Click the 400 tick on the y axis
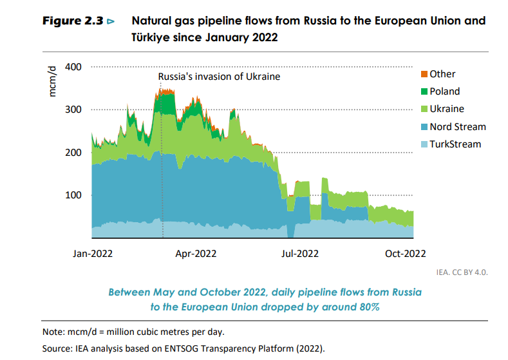click(x=73, y=67)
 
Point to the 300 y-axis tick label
click(x=73, y=109)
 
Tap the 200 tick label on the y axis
click(x=73, y=153)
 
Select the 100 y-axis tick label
click(x=73, y=195)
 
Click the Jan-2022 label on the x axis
click(x=94, y=253)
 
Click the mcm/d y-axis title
click(x=53, y=81)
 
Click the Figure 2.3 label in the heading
click(x=73, y=21)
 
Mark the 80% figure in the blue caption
click(x=368, y=307)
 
